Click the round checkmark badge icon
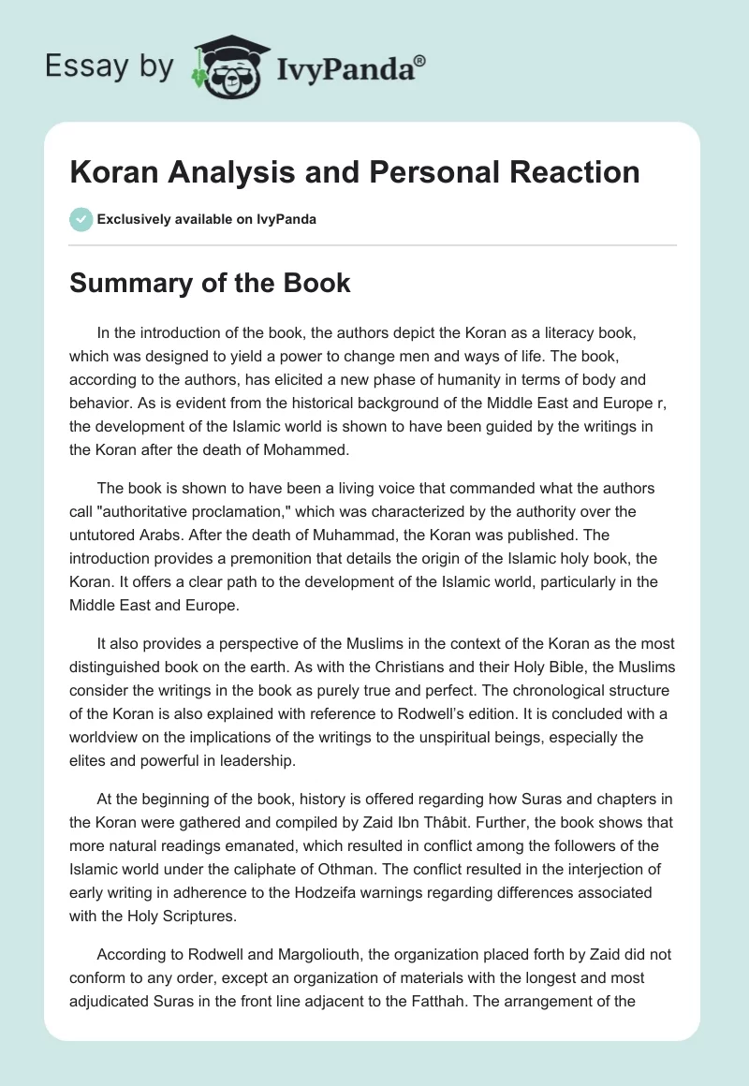(x=81, y=219)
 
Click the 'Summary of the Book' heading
(x=210, y=283)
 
